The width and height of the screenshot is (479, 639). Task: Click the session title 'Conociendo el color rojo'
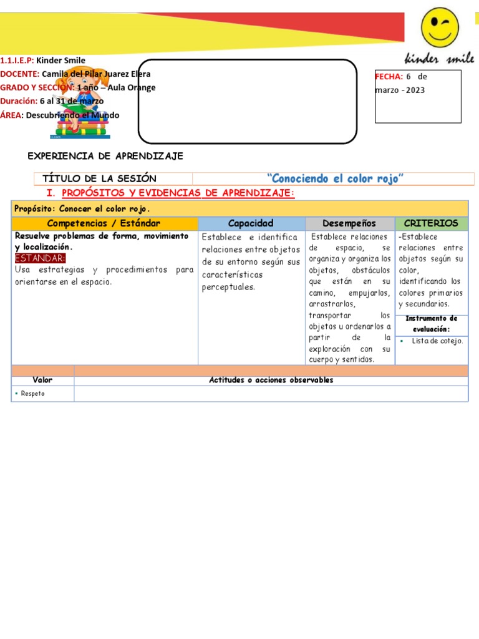pos(336,179)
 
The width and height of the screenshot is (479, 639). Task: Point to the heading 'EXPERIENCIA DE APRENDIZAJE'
pos(106,156)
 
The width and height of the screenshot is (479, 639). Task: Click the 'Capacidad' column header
pos(251,223)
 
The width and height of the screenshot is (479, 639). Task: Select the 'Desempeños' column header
pos(349,223)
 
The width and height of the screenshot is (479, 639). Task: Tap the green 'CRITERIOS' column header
pos(431,223)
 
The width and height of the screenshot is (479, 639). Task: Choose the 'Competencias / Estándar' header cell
pos(104,223)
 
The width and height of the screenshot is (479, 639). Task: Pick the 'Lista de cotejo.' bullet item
pos(437,341)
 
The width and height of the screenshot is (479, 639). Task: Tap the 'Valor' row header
pos(42,380)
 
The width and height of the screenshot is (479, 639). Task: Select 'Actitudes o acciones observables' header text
pos(271,380)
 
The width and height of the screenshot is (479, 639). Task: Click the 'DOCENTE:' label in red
pos(20,74)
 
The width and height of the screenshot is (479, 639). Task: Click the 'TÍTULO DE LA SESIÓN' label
pos(99,179)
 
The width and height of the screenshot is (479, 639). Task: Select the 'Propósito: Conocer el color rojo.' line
pos(82,208)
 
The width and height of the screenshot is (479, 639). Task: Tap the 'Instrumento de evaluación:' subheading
pos(431,323)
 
